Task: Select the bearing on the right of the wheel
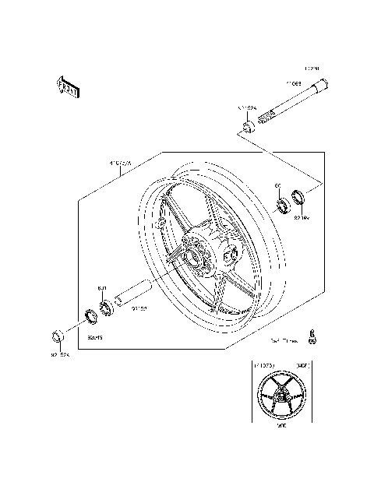(x=283, y=206)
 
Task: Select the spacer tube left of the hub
(x=133, y=296)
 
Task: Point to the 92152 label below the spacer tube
(x=139, y=309)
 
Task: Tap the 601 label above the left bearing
(x=101, y=289)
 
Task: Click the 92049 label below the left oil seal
(x=96, y=337)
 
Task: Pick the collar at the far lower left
(x=56, y=336)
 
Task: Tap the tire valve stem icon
(x=313, y=336)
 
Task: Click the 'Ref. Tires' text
(x=284, y=340)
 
